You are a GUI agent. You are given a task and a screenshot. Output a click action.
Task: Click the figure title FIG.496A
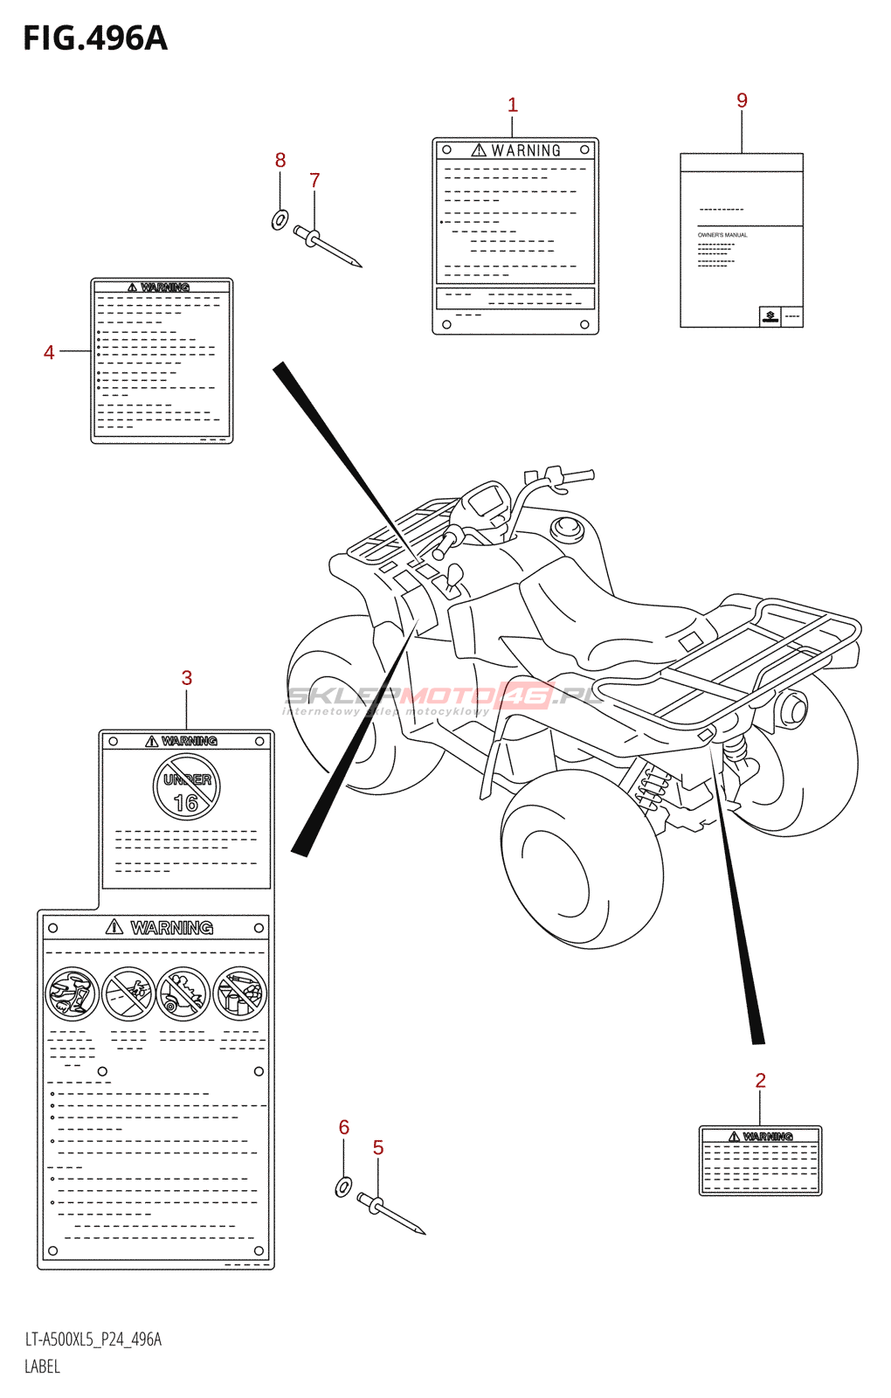94,38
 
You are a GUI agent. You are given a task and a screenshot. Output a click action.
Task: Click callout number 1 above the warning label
513,105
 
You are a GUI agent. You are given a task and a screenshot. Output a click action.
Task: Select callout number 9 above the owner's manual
742,100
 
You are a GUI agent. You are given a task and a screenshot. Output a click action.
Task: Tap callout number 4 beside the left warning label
49,352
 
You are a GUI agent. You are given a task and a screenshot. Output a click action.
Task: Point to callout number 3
187,678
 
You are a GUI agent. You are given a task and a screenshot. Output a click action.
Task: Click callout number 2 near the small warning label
760,1081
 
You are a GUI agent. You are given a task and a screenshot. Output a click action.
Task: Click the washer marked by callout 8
280,219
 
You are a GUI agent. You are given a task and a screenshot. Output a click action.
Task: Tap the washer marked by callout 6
343,1187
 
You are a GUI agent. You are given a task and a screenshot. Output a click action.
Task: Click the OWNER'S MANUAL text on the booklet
722,235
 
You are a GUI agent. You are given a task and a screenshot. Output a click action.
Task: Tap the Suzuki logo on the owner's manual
770,316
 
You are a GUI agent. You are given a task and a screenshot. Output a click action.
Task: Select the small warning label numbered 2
760,1160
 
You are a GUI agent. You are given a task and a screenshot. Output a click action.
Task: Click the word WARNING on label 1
526,151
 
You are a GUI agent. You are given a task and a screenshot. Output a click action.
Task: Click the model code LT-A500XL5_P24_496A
93,1339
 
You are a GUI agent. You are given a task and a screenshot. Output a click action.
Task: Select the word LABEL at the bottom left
42,1367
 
